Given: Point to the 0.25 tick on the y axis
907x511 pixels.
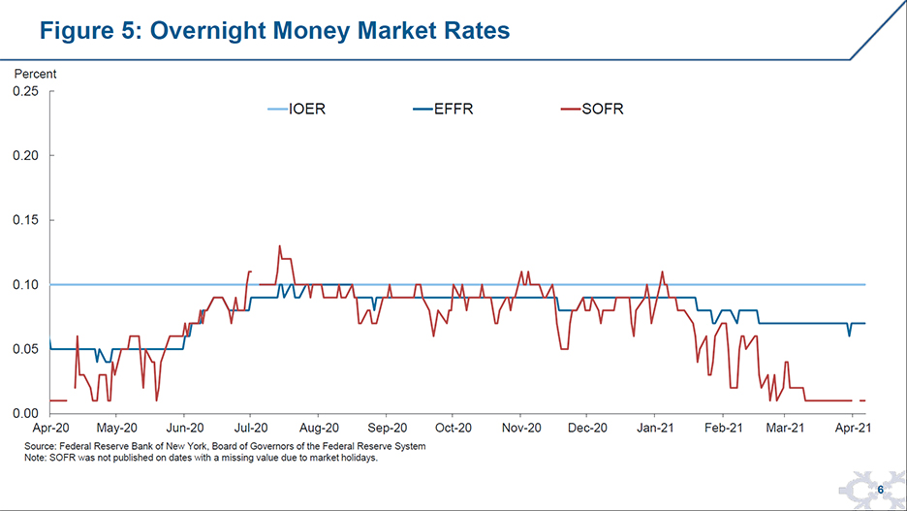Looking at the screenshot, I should tap(25, 92).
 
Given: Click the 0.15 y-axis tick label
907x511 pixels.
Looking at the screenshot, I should tap(25, 220).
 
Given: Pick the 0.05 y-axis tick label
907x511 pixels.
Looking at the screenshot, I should tap(25, 349).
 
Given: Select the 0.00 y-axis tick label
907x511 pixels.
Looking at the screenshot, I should tap(25, 413).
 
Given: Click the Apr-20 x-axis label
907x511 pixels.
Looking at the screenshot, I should tap(49, 428).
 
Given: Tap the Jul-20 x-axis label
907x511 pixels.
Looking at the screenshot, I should tap(251, 428).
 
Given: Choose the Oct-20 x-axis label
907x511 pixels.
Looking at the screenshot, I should tap(453, 428).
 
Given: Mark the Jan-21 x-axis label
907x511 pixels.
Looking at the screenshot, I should tap(656, 428).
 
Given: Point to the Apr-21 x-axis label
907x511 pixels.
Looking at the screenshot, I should tap(853, 428).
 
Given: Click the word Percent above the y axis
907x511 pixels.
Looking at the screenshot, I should tap(35, 74).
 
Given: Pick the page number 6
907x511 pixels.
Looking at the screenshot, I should tap(880, 491).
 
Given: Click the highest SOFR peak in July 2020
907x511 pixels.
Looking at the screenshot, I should tap(279, 246).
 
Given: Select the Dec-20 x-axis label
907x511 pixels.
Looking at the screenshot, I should tap(588, 428).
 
